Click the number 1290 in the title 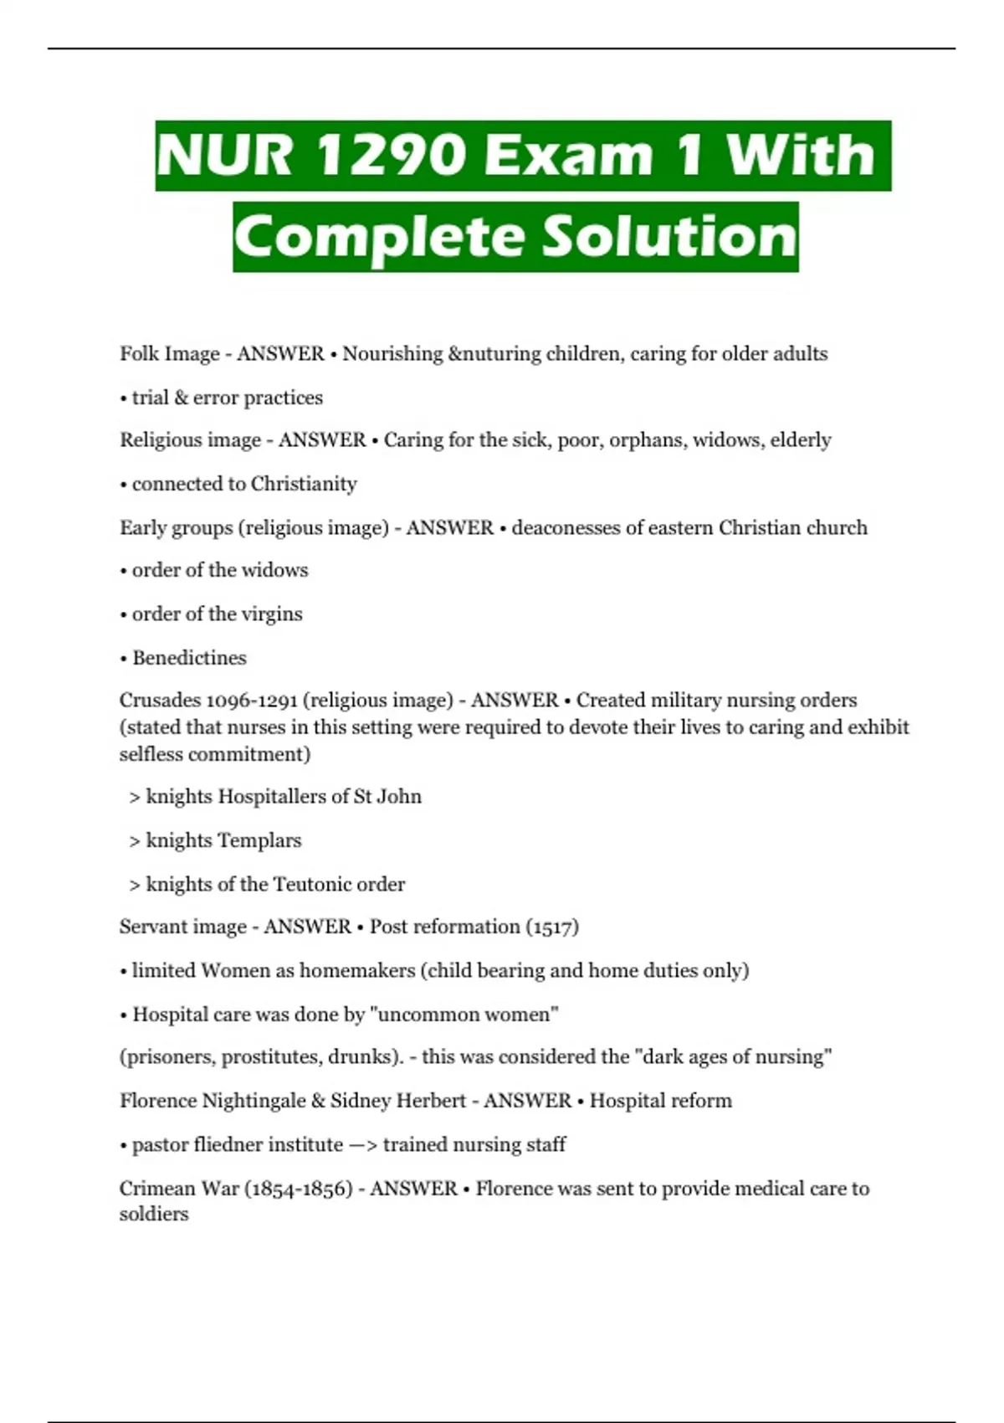[x=391, y=156]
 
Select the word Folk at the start [x=139, y=354]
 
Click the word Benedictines [x=189, y=658]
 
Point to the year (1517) [x=552, y=927]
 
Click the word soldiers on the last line [x=154, y=1215]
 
